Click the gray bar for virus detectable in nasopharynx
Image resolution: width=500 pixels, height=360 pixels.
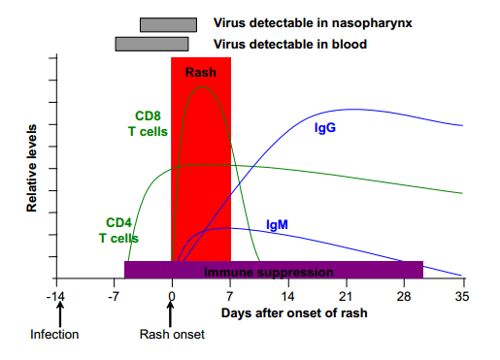[168, 24]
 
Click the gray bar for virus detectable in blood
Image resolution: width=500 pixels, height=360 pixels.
[151, 44]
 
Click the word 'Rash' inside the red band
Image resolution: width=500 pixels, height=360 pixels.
[201, 72]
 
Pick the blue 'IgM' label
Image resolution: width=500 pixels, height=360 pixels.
[277, 225]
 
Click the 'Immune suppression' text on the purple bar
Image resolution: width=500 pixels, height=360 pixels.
[269, 273]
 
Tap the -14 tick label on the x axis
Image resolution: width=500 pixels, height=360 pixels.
[58, 295]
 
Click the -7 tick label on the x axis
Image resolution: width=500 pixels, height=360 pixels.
[116, 295]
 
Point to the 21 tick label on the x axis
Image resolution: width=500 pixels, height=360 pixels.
[346, 295]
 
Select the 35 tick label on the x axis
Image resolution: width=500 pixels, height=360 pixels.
[461, 295]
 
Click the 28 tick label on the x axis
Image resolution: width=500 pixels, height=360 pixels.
[404, 295]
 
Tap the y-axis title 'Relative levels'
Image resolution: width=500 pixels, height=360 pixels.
[32, 168]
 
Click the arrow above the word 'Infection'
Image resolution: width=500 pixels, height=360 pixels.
[59, 314]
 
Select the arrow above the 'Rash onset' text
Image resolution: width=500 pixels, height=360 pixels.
[171, 314]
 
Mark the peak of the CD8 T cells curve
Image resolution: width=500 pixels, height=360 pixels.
[203, 86]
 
